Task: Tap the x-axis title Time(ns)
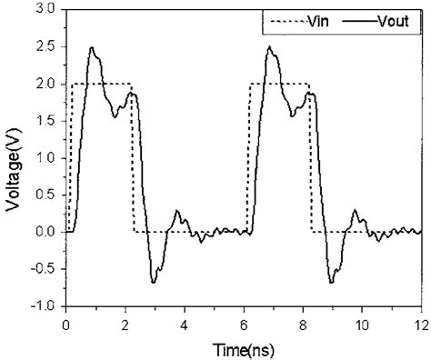point(244,349)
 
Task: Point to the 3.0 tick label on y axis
point(45,10)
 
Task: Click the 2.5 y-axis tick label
point(45,46)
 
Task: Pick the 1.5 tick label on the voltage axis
point(45,121)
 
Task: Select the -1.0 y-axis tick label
point(42,306)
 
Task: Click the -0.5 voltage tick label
point(42,269)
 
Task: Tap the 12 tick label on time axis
point(420,324)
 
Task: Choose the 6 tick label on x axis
point(244,324)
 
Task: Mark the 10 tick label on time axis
point(361,324)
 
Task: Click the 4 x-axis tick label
point(184,324)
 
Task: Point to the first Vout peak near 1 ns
point(92,47)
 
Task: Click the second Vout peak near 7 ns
point(269,47)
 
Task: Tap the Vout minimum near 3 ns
point(153,282)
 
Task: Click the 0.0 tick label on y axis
point(45,232)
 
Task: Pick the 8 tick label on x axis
point(302,324)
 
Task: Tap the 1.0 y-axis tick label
point(45,158)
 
